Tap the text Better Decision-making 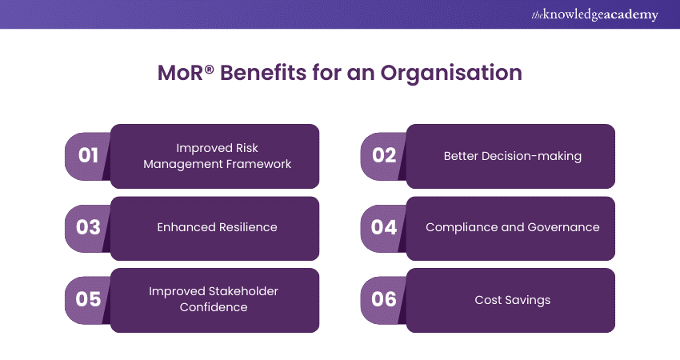(513, 156)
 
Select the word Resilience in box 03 (248, 227)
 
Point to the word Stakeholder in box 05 (243, 291)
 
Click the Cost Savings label (513, 300)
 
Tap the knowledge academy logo (594, 14)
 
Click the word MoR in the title (180, 73)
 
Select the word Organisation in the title (451, 73)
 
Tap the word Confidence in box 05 (214, 307)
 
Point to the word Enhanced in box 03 (186, 227)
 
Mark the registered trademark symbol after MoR (209, 69)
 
